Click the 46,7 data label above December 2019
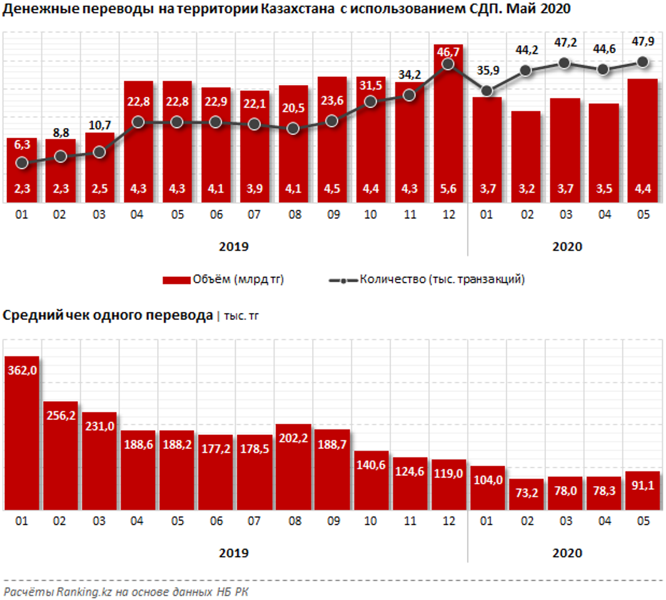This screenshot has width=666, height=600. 448,51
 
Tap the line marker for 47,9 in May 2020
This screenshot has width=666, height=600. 642,61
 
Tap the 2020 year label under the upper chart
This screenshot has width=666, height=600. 567,246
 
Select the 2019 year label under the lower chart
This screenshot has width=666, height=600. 234,552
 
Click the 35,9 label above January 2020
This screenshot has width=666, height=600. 487,70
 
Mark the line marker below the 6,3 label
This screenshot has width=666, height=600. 22,163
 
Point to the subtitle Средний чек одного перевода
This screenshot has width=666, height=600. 108,316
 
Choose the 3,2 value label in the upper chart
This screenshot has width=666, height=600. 525,189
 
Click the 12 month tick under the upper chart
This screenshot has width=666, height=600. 448,214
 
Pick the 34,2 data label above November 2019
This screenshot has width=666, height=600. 410,75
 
